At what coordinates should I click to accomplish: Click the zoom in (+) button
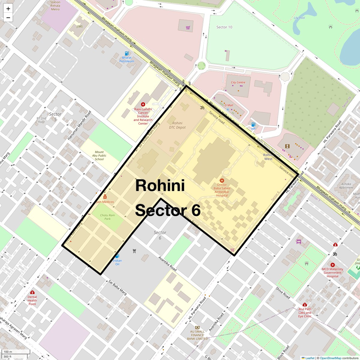click(8, 9)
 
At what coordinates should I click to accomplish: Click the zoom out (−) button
click(8, 18)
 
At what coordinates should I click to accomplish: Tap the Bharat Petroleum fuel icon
click(127, 53)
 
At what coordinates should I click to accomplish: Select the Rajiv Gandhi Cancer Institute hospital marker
click(143, 104)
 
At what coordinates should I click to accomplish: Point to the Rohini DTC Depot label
click(177, 125)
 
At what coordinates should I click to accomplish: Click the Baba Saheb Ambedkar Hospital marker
click(222, 181)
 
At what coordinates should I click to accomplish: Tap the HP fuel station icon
click(253, 124)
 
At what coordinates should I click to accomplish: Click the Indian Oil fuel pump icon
click(117, 256)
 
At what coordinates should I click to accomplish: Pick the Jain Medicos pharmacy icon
click(105, 197)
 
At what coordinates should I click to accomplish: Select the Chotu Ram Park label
click(107, 217)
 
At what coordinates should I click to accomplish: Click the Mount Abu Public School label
click(99, 156)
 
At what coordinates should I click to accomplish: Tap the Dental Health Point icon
click(32, 292)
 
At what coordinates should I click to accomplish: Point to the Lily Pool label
click(299, 18)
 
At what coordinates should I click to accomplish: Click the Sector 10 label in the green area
click(224, 27)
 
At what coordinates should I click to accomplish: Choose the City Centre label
click(238, 82)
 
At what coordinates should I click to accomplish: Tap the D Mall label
click(229, 105)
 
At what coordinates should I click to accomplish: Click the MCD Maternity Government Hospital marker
click(332, 265)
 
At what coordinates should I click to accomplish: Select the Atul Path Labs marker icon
click(305, 305)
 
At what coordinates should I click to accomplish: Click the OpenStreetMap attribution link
click(330, 358)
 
